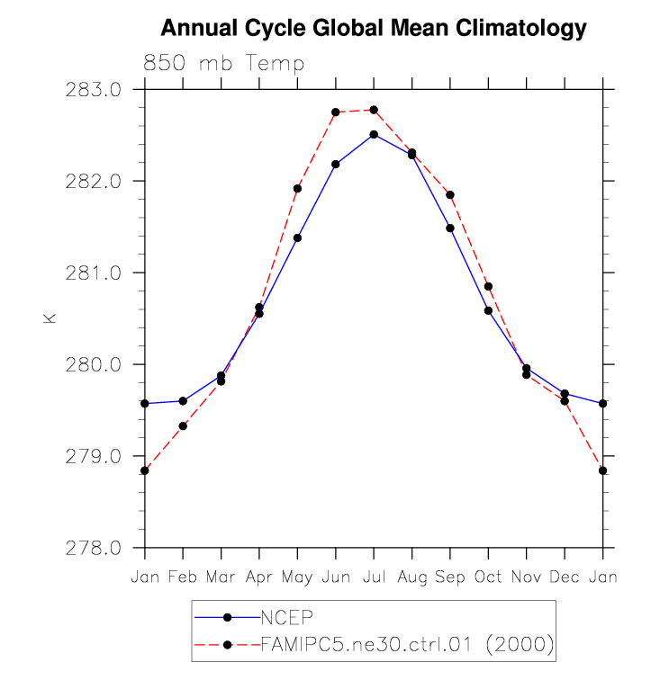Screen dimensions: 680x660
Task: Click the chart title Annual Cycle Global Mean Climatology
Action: (x=374, y=29)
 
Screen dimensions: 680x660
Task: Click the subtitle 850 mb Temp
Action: (x=223, y=64)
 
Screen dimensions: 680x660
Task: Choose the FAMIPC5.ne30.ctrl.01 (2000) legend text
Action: (x=406, y=644)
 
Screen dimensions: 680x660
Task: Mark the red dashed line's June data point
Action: (x=336, y=112)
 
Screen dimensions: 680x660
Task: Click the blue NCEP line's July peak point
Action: (x=374, y=134)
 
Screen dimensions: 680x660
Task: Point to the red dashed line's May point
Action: (x=297, y=189)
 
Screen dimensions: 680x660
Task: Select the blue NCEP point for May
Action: (x=297, y=237)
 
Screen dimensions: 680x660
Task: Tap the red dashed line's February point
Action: (x=183, y=425)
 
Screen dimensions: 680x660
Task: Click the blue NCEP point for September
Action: (x=450, y=228)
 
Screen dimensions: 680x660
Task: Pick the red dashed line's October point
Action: (x=488, y=286)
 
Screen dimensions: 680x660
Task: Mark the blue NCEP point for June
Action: (x=336, y=164)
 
